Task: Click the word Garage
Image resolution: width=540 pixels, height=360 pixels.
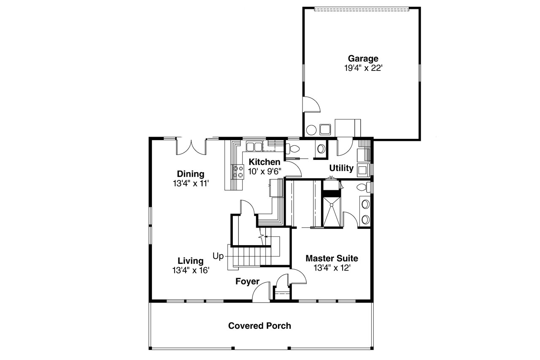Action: click(362, 59)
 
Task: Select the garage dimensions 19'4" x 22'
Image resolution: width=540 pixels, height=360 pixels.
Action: click(363, 68)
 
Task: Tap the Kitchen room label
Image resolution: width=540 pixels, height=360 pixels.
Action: click(265, 162)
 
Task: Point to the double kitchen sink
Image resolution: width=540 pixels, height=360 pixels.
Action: click(254, 146)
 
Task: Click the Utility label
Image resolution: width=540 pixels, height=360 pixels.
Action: click(341, 168)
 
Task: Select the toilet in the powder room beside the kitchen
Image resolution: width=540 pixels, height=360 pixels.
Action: click(293, 149)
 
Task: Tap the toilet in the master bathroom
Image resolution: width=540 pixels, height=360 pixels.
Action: click(363, 187)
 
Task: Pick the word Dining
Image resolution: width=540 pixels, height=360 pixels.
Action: click(191, 174)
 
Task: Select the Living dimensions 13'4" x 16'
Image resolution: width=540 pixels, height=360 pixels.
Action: click(191, 271)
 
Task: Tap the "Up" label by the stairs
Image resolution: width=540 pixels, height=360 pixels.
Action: click(218, 256)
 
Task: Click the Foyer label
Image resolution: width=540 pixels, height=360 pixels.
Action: click(247, 282)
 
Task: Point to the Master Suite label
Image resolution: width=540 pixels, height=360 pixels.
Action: click(332, 258)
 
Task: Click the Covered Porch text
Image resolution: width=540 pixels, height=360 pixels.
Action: click(259, 326)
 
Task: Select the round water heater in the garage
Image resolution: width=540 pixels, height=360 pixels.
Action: click(312, 129)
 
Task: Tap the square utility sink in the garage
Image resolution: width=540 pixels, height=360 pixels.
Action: click(325, 128)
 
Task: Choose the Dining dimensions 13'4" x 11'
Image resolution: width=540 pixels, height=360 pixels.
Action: click(191, 183)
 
